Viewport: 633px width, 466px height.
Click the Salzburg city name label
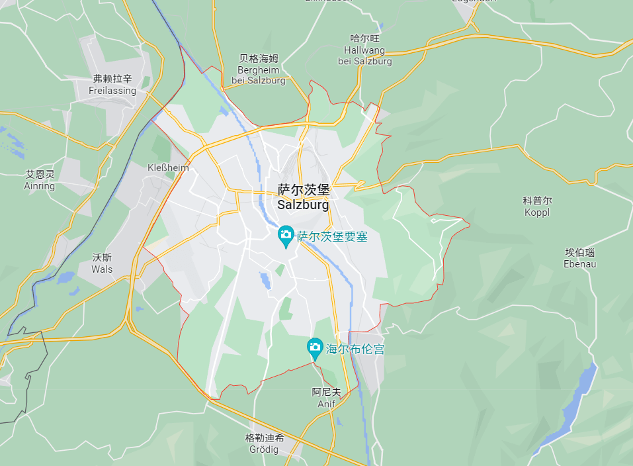tap(303, 205)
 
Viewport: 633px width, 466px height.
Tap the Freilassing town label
tap(112, 91)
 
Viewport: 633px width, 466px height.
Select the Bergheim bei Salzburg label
tap(259, 75)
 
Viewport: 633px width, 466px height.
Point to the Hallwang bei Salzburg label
tap(364, 56)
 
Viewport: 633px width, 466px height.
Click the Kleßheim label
tap(168, 167)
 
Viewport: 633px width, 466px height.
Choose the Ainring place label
tap(40, 186)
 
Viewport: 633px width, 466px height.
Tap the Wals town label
tap(103, 269)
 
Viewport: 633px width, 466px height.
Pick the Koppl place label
tap(537, 212)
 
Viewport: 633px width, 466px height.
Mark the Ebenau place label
tap(580, 264)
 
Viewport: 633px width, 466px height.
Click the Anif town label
tap(326, 404)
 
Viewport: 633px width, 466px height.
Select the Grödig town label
tap(265, 450)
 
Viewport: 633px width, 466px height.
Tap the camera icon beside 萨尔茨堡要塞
tap(286, 234)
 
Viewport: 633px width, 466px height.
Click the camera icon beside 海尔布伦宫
tap(315, 347)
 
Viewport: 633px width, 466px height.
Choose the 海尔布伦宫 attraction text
tap(355, 349)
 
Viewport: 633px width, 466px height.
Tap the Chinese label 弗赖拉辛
tap(112, 79)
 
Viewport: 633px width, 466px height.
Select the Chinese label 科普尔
tap(537, 201)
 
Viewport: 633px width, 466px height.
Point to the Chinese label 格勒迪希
tap(265, 438)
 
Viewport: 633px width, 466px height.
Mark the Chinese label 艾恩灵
tap(40, 174)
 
